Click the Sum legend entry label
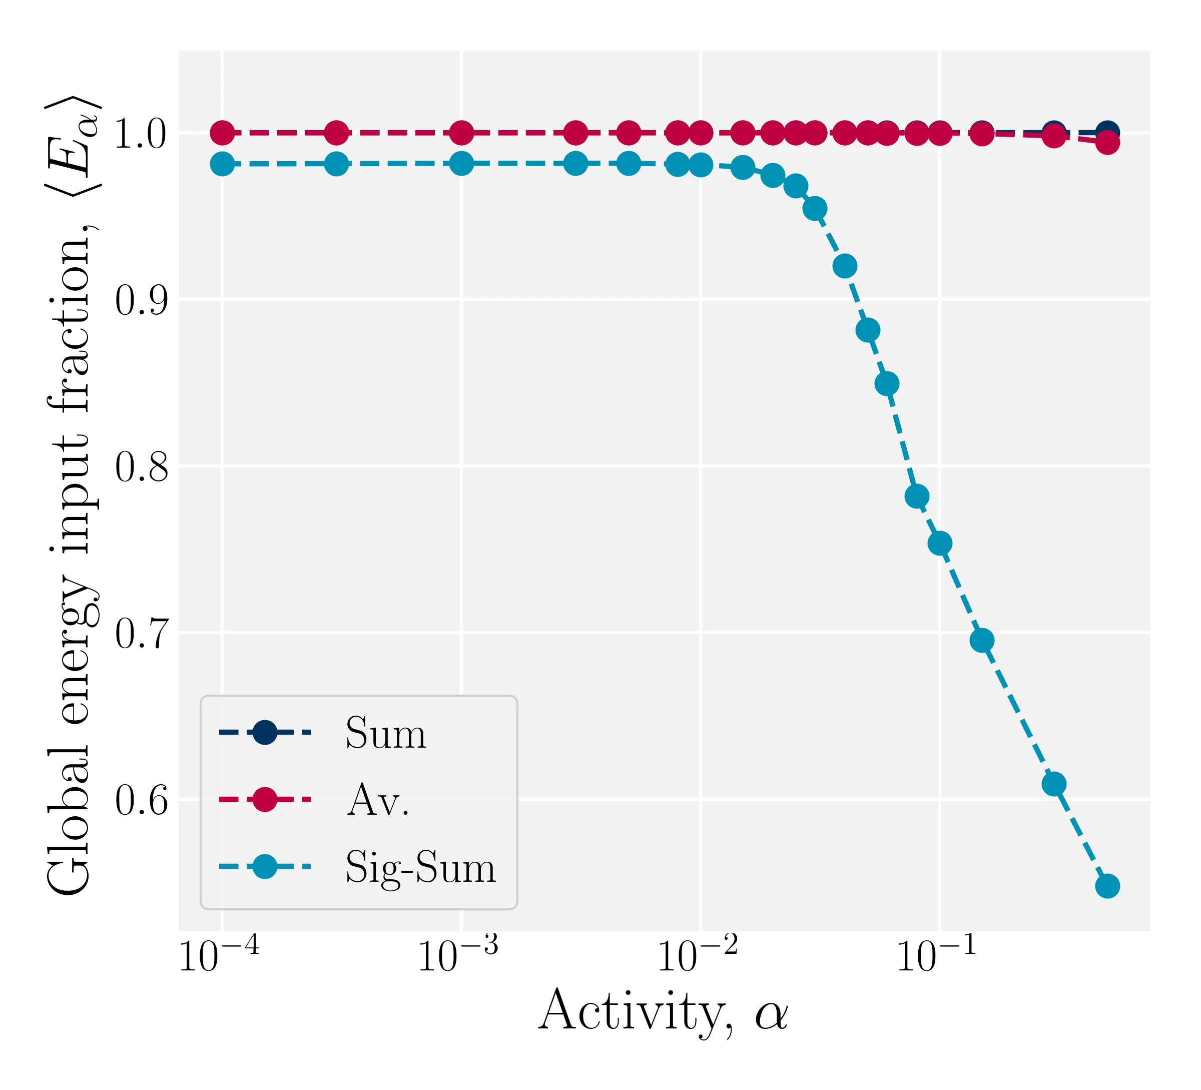pos(386,733)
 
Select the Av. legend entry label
pos(378,800)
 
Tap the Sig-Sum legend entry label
pos(420,867)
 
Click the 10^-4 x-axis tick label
pos(219,956)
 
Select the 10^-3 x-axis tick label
pos(458,956)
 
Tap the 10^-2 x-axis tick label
pos(698,956)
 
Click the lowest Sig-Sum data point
pos(1107,886)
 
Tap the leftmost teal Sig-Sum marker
pos(222,164)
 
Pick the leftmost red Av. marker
pos(222,133)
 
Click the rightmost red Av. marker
pos(1107,142)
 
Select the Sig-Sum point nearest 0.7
pos(982,640)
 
